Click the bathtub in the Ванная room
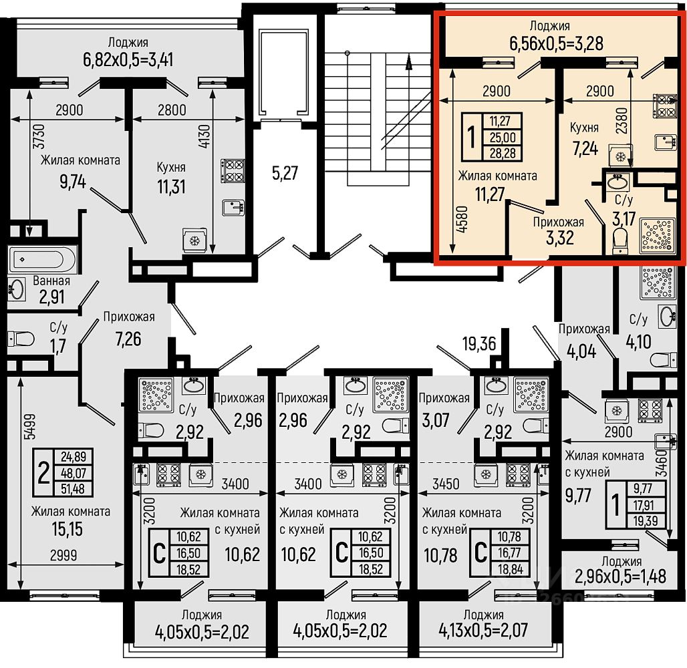[42, 259]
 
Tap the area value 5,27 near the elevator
[285, 173]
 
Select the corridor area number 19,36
[479, 344]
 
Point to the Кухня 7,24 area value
[585, 148]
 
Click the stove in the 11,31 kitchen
[233, 170]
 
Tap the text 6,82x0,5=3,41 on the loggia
[128, 59]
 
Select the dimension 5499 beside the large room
[30, 427]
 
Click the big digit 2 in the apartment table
[43, 473]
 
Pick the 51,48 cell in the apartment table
[73, 489]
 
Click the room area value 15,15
[67, 529]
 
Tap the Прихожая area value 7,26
[128, 339]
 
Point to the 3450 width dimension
[446, 484]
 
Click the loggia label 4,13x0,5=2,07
[484, 631]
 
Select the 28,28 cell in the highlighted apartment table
[502, 154]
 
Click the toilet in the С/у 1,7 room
[21, 339]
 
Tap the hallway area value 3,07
[436, 420]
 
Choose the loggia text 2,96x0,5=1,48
[621, 576]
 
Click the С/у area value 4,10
[638, 341]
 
